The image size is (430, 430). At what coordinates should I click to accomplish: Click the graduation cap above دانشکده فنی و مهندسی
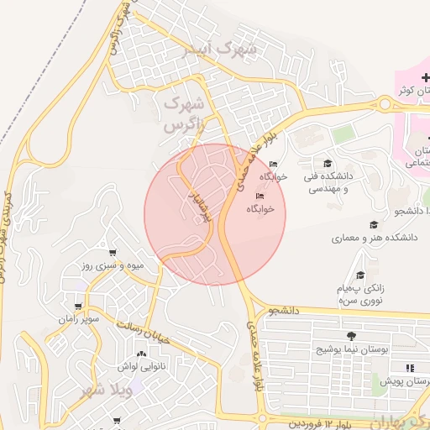[x=328, y=164]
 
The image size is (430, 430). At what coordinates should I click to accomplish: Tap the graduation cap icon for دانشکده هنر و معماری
[x=373, y=224]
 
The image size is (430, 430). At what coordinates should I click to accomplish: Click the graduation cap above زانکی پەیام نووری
[x=360, y=275]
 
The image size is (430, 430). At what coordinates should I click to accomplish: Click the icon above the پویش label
[x=409, y=368]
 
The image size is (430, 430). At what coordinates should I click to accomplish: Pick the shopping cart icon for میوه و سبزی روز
[x=113, y=252]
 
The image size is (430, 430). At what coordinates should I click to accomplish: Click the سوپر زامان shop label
[x=79, y=320]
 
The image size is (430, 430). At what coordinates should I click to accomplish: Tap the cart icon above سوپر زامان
[x=79, y=307]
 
